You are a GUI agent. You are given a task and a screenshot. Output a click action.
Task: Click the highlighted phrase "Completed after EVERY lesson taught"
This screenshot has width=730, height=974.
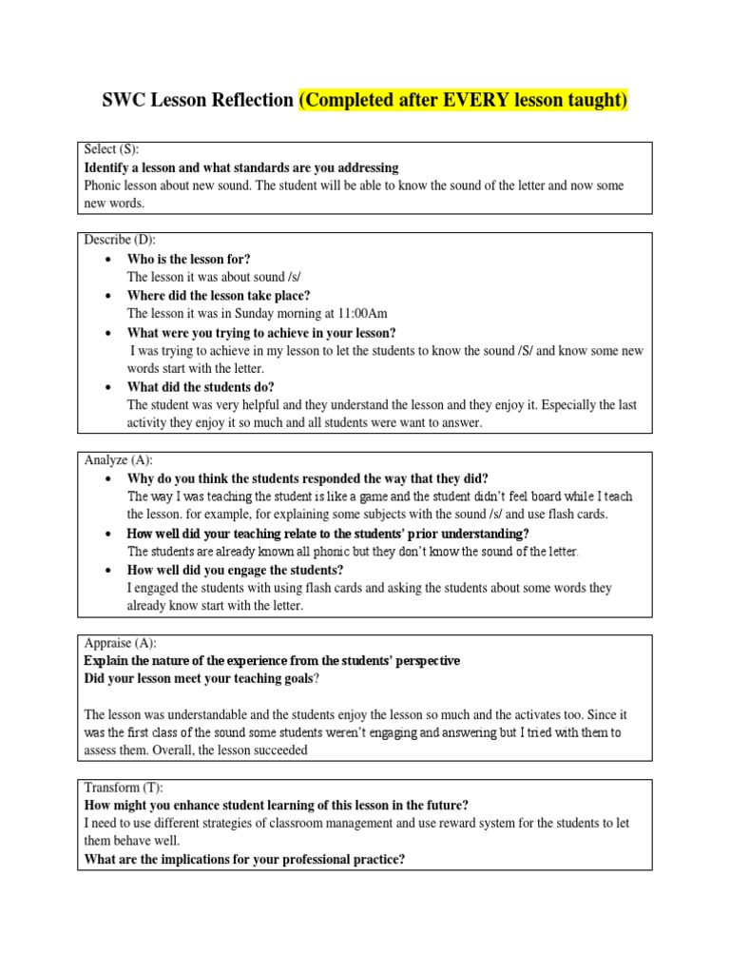coord(463,101)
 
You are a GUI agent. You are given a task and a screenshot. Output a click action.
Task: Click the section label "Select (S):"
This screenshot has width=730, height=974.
coord(112,150)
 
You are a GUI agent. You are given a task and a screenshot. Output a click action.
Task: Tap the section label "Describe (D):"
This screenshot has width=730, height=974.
coord(119,241)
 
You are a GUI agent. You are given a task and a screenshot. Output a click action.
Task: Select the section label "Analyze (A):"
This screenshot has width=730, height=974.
coord(118,460)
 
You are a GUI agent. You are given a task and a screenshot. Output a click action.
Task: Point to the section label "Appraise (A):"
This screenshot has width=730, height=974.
coord(120,643)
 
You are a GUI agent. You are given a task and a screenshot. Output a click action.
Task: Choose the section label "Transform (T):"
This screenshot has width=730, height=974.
coord(124,787)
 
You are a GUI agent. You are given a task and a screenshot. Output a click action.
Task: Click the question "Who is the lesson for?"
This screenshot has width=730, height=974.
coord(188,259)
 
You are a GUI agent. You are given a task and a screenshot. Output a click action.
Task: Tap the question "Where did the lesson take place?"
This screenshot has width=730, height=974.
coord(219,296)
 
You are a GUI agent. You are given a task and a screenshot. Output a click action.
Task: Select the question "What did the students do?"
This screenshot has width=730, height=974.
coord(201,387)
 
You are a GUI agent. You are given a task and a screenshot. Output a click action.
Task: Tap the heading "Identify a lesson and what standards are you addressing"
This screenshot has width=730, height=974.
coord(241,167)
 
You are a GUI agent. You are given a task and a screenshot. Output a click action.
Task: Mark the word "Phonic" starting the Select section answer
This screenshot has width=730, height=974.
coord(105,185)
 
